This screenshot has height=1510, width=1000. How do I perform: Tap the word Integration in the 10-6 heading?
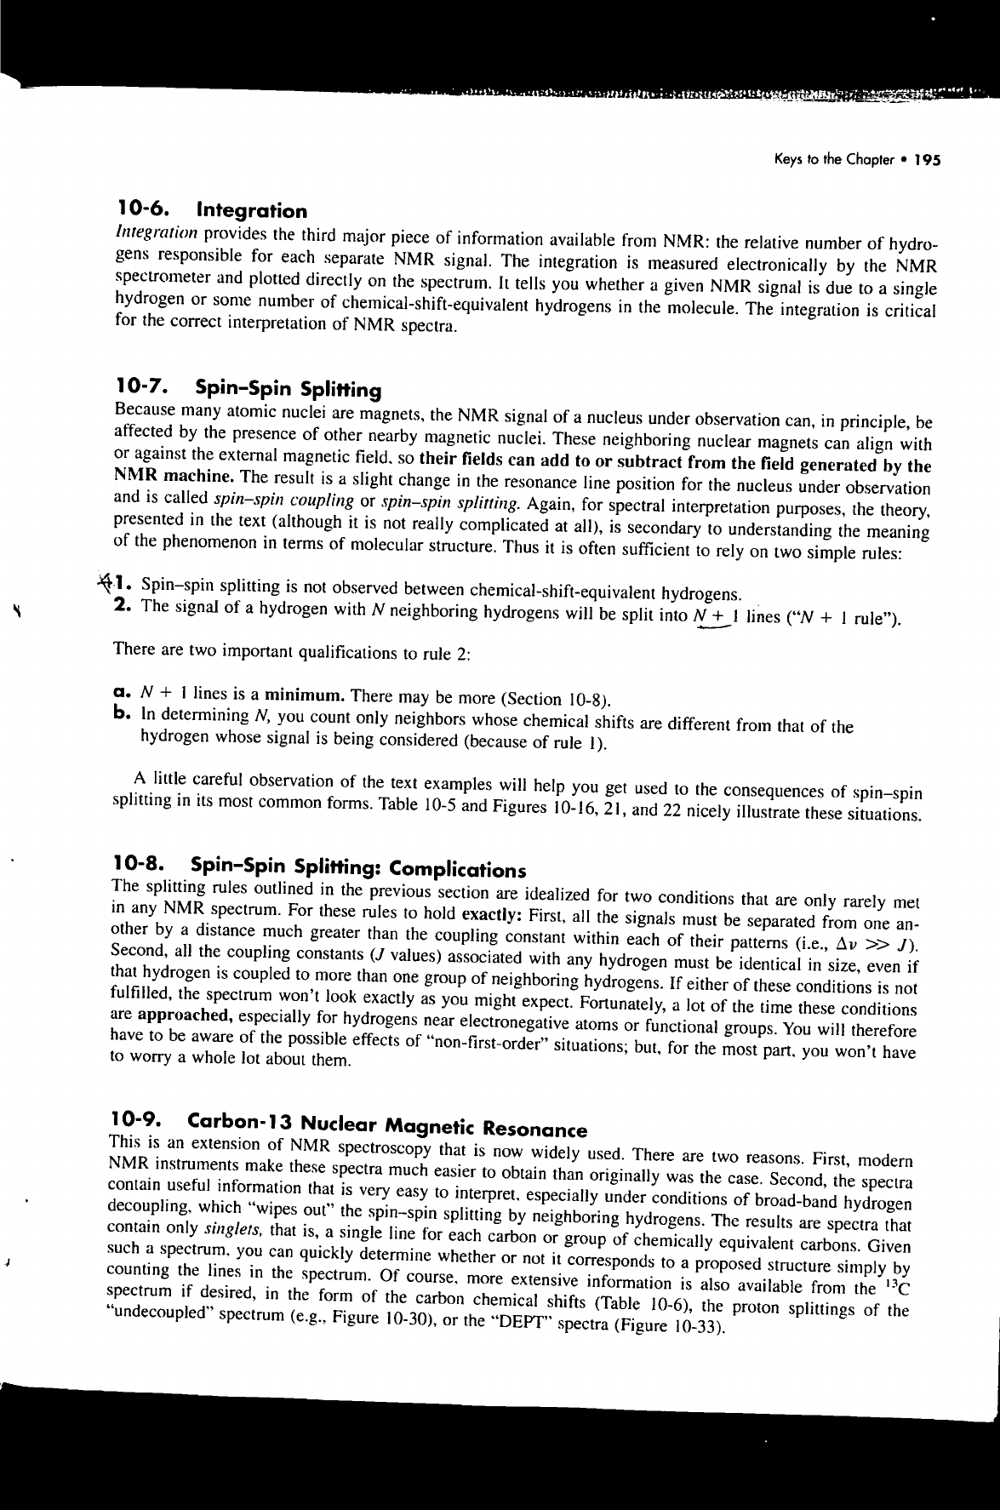pos(251,210)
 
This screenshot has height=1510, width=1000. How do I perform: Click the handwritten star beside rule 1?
pos(106,581)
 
